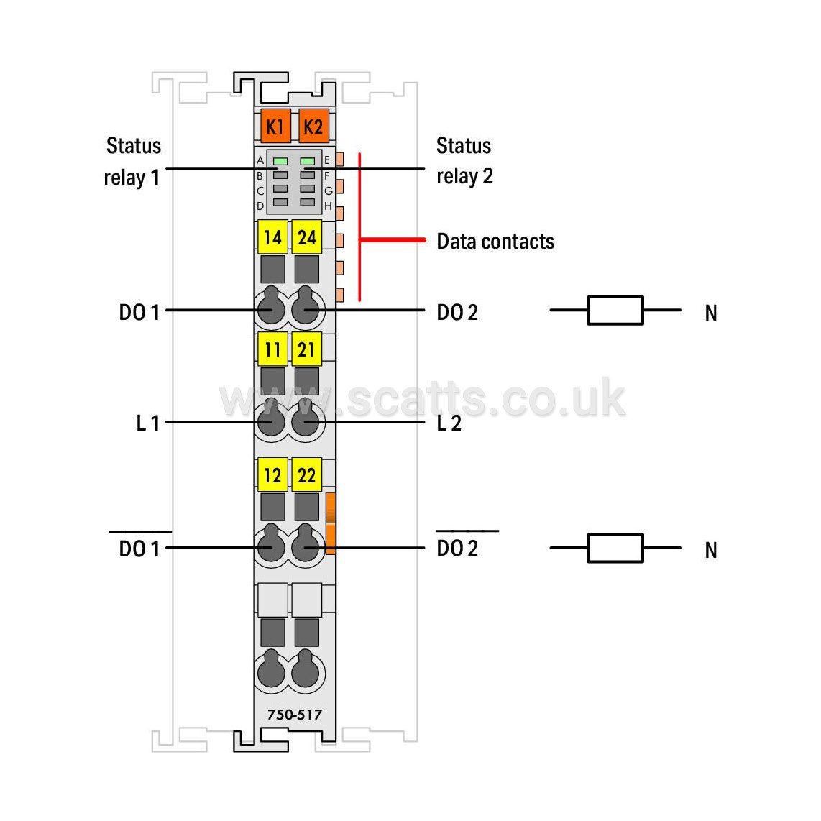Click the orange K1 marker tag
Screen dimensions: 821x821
click(275, 127)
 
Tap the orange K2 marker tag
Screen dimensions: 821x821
click(313, 127)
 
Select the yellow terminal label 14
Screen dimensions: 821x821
click(272, 237)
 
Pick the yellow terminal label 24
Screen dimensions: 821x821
click(307, 237)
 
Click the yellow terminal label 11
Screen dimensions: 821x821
click(272, 349)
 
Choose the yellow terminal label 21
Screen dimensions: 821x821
click(307, 349)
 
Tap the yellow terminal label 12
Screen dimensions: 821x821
click(272, 475)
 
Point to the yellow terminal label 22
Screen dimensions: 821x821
click(307, 475)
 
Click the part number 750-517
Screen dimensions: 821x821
click(295, 715)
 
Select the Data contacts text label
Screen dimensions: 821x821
click(495, 242)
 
